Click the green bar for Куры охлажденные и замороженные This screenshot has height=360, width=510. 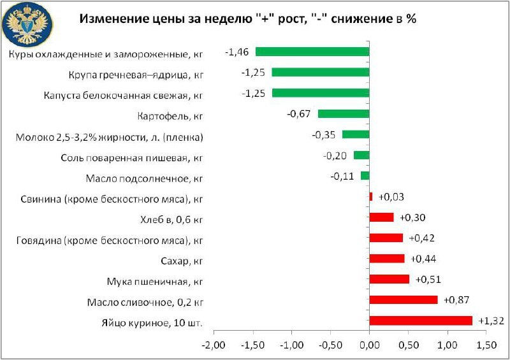click(x=312, y=52)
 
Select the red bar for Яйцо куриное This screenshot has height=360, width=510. click(x=421, y=320)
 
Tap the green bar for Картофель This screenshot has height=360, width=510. click(x=344, y=113)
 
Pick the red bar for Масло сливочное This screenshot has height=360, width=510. click(x=404, y=299)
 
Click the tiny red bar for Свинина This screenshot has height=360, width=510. click(x=371, y=196)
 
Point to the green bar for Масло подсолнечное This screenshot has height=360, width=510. click(x=365, y=176)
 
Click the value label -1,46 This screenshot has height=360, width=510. click(x=237, y=52)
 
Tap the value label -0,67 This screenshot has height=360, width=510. click(x=299, y=113)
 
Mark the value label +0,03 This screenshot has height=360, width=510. click(x=391, y=197)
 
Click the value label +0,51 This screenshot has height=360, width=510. click(x=428, y=279)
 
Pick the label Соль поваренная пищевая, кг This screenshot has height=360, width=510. click(x=132, y=157)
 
